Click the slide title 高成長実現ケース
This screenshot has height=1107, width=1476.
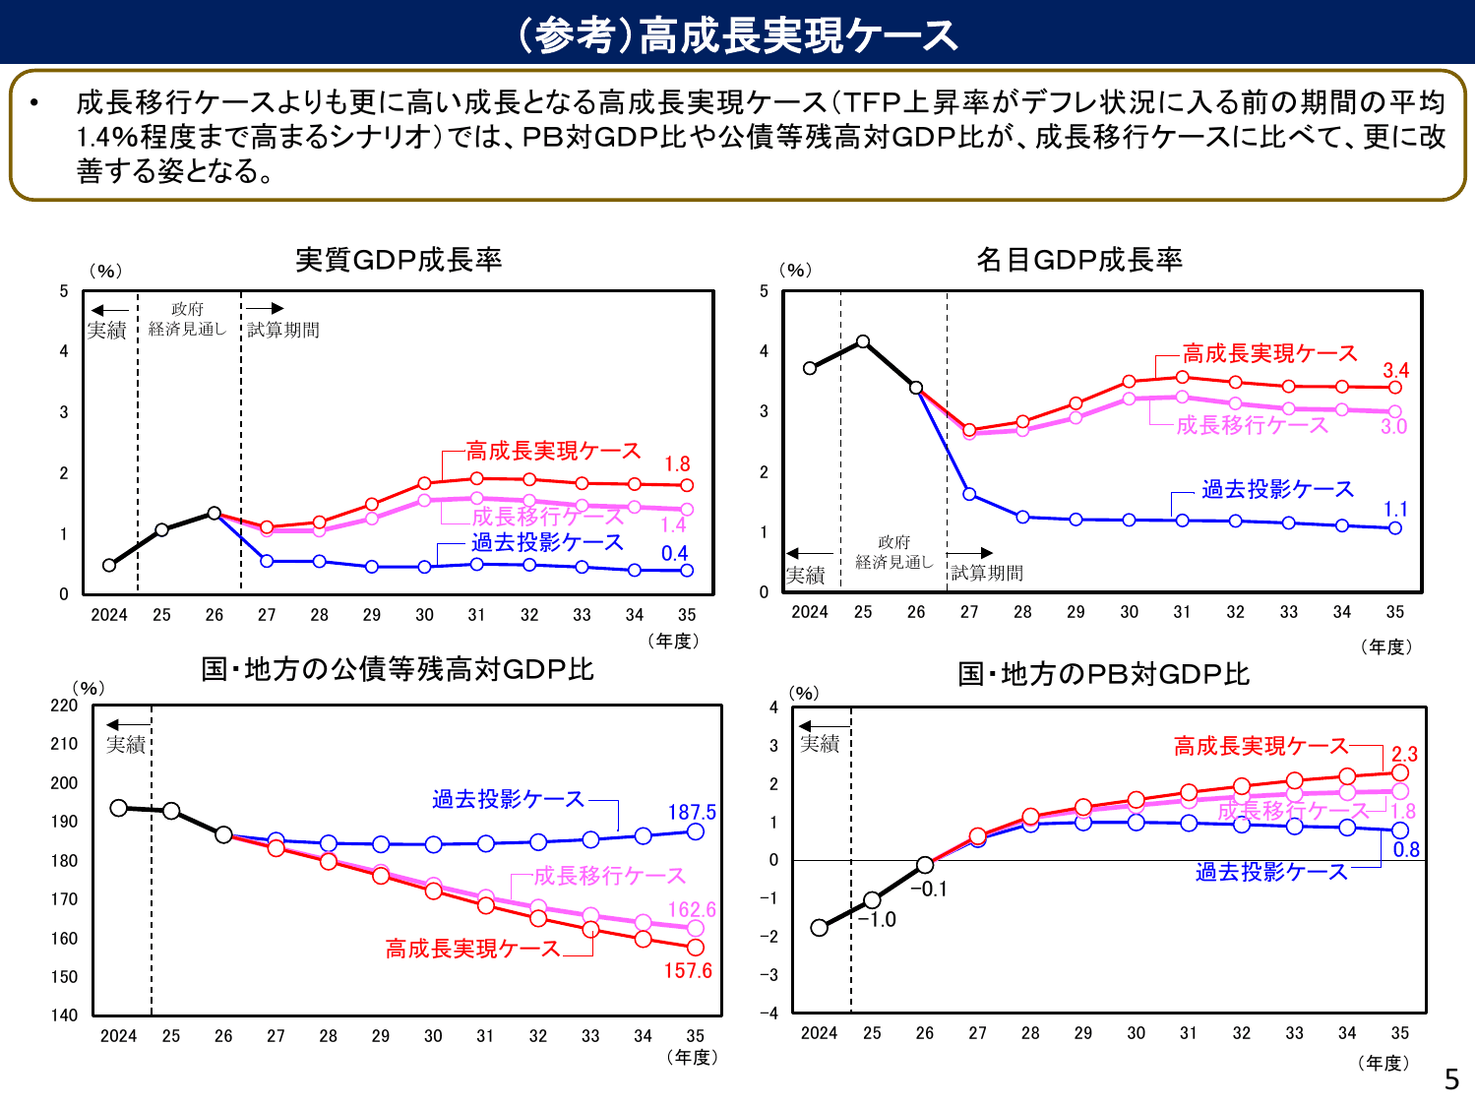pos(738,35)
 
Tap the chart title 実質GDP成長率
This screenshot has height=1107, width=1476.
pos(399,260)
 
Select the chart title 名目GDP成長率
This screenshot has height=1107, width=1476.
pos(1078,260)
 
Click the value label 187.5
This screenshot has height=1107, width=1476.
pos(692,812)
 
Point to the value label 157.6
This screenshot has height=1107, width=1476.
pos(688,970)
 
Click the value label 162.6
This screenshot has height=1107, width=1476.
pos(692,909)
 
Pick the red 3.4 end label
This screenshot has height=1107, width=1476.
pos(1395,370)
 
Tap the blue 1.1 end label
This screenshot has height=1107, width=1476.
pos(1395,509)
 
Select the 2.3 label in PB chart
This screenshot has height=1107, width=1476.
pos(1404,754)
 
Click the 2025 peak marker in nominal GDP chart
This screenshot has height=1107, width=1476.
pos(863,341)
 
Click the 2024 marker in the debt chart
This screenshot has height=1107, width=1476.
pos(119,808)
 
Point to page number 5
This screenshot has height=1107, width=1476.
pos(1451,1079)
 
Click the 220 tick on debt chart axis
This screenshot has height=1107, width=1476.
pos(64,706)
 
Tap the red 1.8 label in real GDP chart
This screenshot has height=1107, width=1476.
pos(677,463)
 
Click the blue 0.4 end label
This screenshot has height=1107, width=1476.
pos(674,553)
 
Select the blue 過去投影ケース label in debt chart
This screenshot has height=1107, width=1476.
pos(508,799)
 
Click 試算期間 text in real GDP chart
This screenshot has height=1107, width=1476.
pos(283,330)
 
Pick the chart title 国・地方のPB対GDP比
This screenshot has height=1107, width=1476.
pos(1103,674)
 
